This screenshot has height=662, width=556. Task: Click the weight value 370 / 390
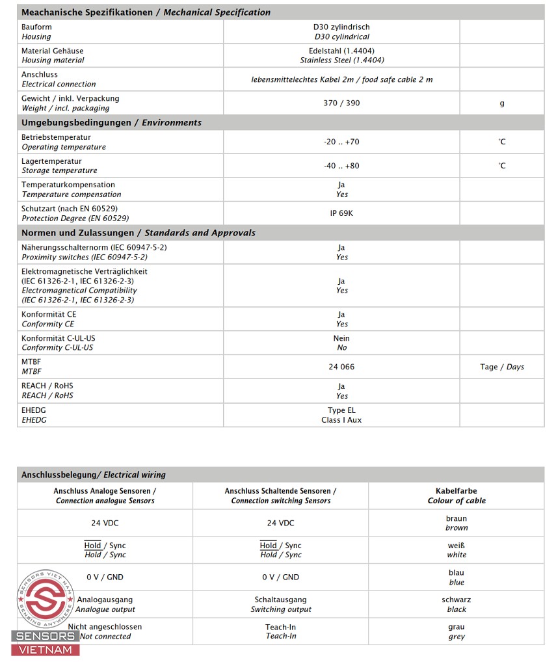341,103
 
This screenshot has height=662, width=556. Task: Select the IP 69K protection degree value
341,213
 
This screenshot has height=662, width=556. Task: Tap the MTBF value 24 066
341,367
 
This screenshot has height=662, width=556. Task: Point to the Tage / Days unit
502,367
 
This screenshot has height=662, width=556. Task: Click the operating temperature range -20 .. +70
341,142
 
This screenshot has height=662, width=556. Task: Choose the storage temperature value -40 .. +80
341,166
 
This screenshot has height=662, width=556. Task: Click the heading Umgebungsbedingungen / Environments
111,123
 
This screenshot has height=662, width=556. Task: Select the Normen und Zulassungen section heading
138,233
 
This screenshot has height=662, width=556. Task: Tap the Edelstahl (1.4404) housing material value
341,51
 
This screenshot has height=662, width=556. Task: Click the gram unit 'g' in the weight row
502,103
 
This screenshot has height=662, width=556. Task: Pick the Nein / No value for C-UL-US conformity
341,343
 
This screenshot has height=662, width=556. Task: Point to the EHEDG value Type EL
341,410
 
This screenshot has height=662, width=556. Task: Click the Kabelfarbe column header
457,496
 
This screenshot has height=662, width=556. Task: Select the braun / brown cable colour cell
457,523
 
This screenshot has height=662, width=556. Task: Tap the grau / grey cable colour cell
457,631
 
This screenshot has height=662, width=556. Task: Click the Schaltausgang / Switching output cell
281,604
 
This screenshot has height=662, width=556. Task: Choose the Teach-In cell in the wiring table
281,631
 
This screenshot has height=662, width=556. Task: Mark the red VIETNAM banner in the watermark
46,650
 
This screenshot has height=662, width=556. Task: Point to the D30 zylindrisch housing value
341,27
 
